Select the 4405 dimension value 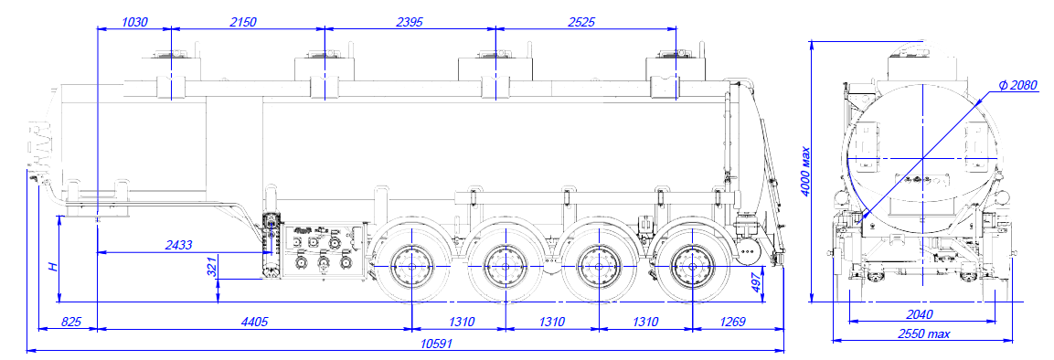pyautogui.click(x=254, y=322)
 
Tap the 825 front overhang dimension pyautogui.click(x=70, y=322)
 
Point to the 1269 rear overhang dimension pyautogui.click(x=733, y=322)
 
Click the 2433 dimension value pyautogui.click(x=179, y=245)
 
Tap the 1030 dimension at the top pyautogui.click(x=134, y=22)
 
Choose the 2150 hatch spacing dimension pyautogui.click(x=243, y=22)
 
